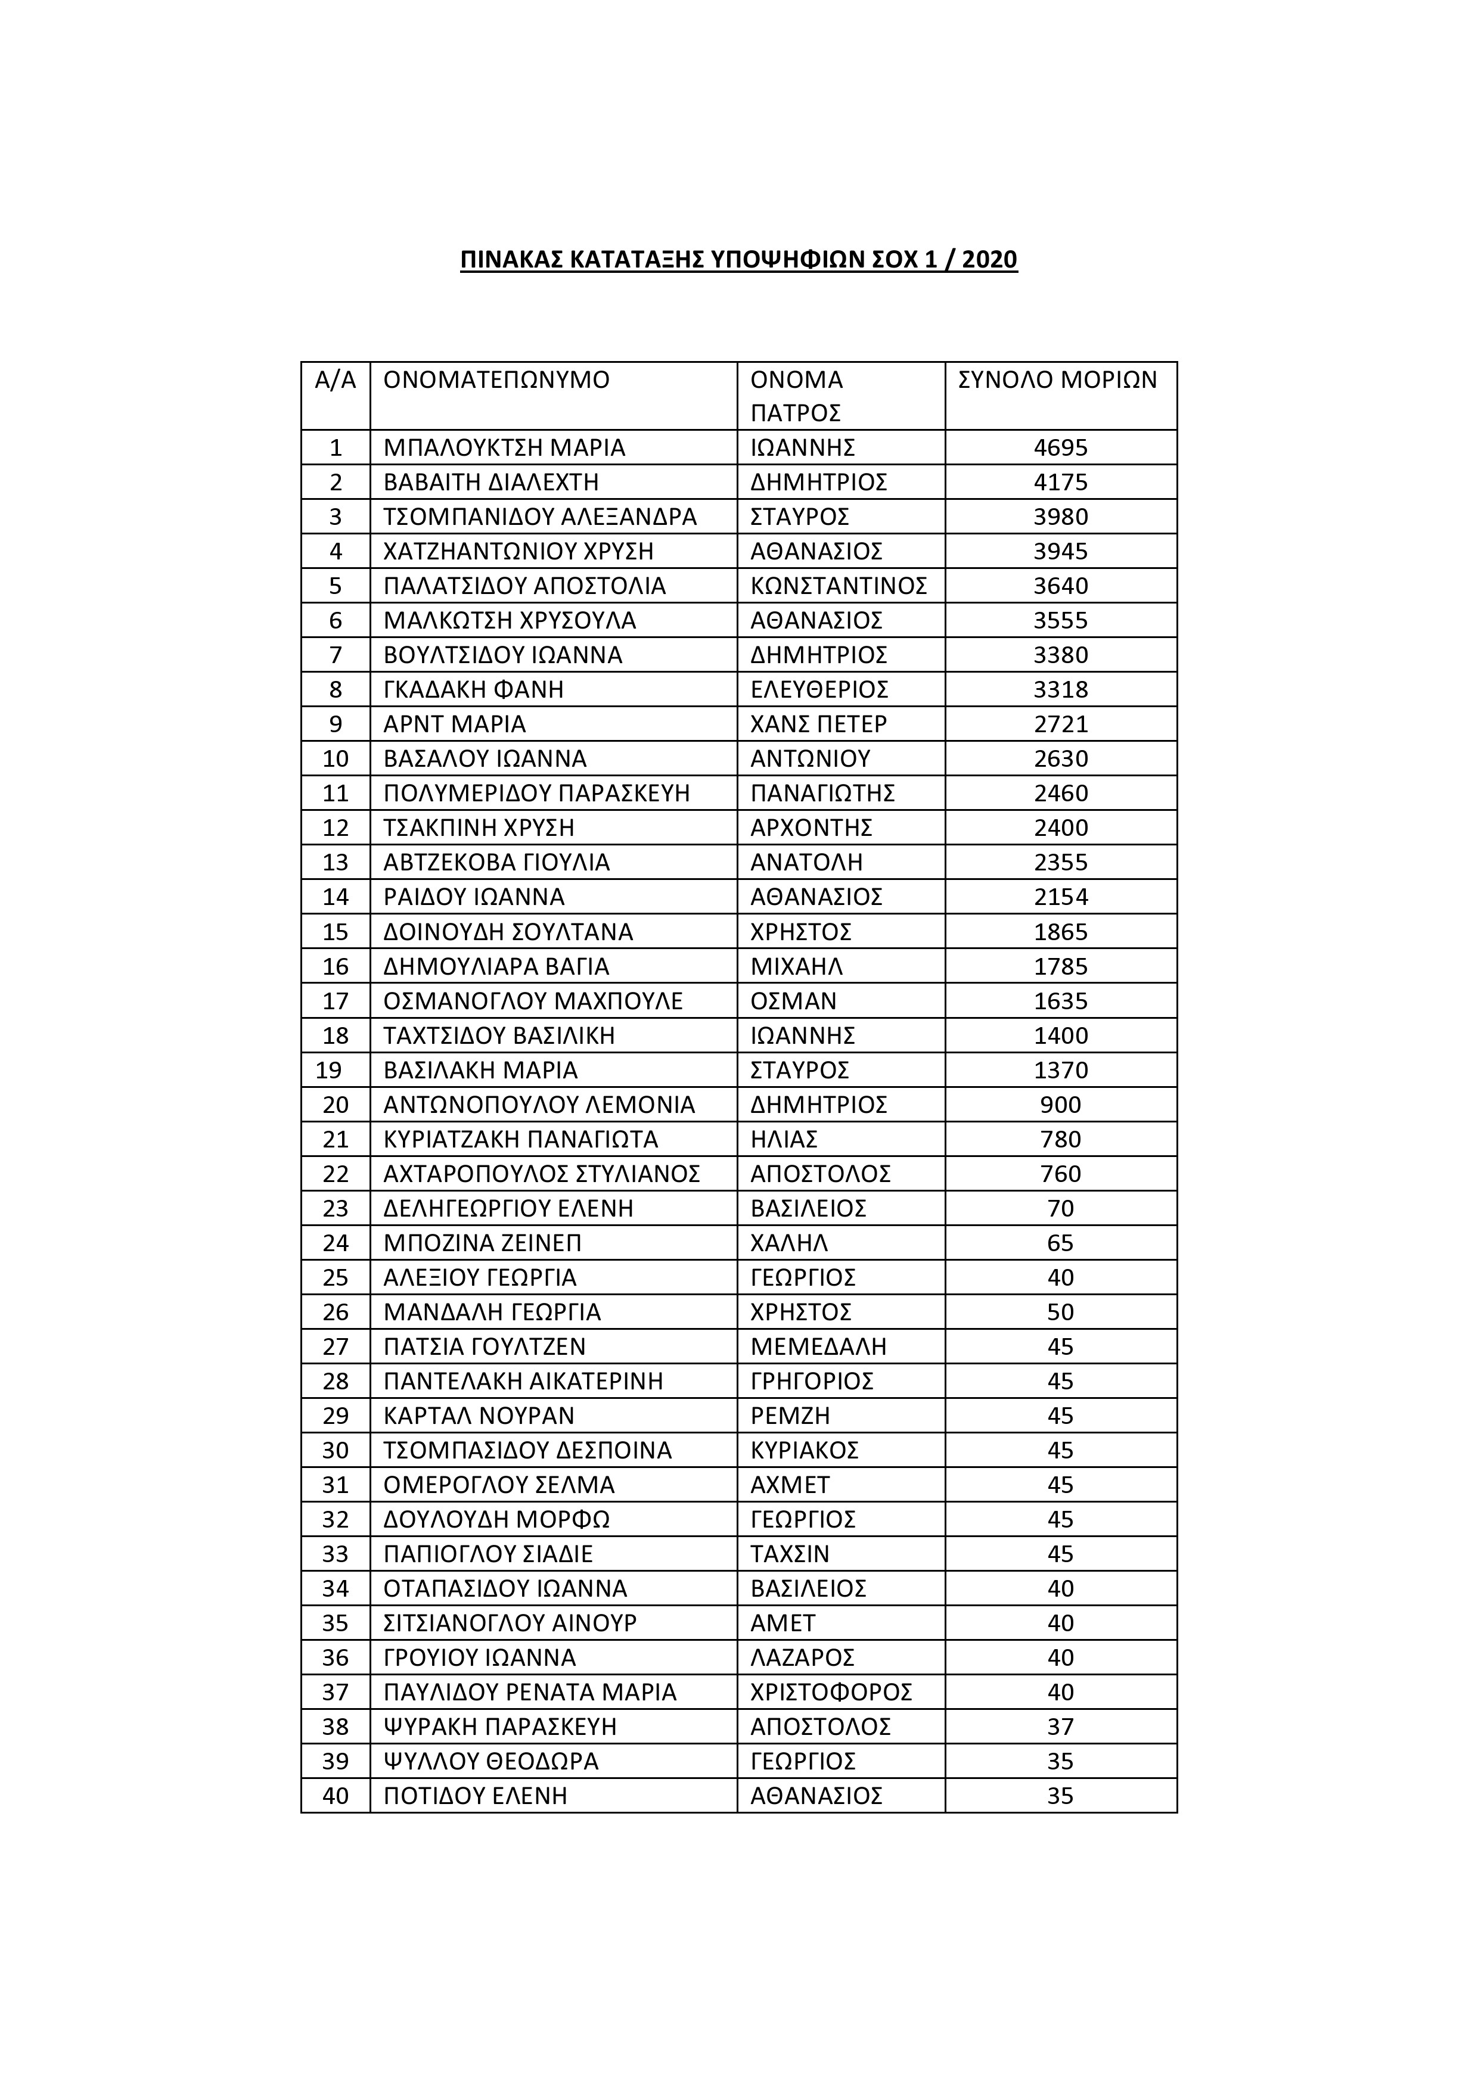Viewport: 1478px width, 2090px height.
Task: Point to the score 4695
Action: coord(1060,448)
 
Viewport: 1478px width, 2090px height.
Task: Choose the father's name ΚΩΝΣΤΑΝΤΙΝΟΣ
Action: coord(838,586)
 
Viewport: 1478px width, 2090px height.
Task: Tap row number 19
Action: coord(329,1071)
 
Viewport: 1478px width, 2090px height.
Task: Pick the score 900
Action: coord(1060,1105)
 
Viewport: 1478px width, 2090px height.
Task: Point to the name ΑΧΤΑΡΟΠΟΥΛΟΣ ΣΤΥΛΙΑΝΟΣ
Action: coord(541,1174)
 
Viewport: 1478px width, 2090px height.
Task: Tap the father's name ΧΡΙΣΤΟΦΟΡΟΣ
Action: coord(831,1693)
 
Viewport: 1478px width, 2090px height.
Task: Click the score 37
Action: coord(1060,1728)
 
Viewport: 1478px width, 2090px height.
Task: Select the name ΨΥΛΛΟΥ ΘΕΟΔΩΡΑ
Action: coord(491,1762)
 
